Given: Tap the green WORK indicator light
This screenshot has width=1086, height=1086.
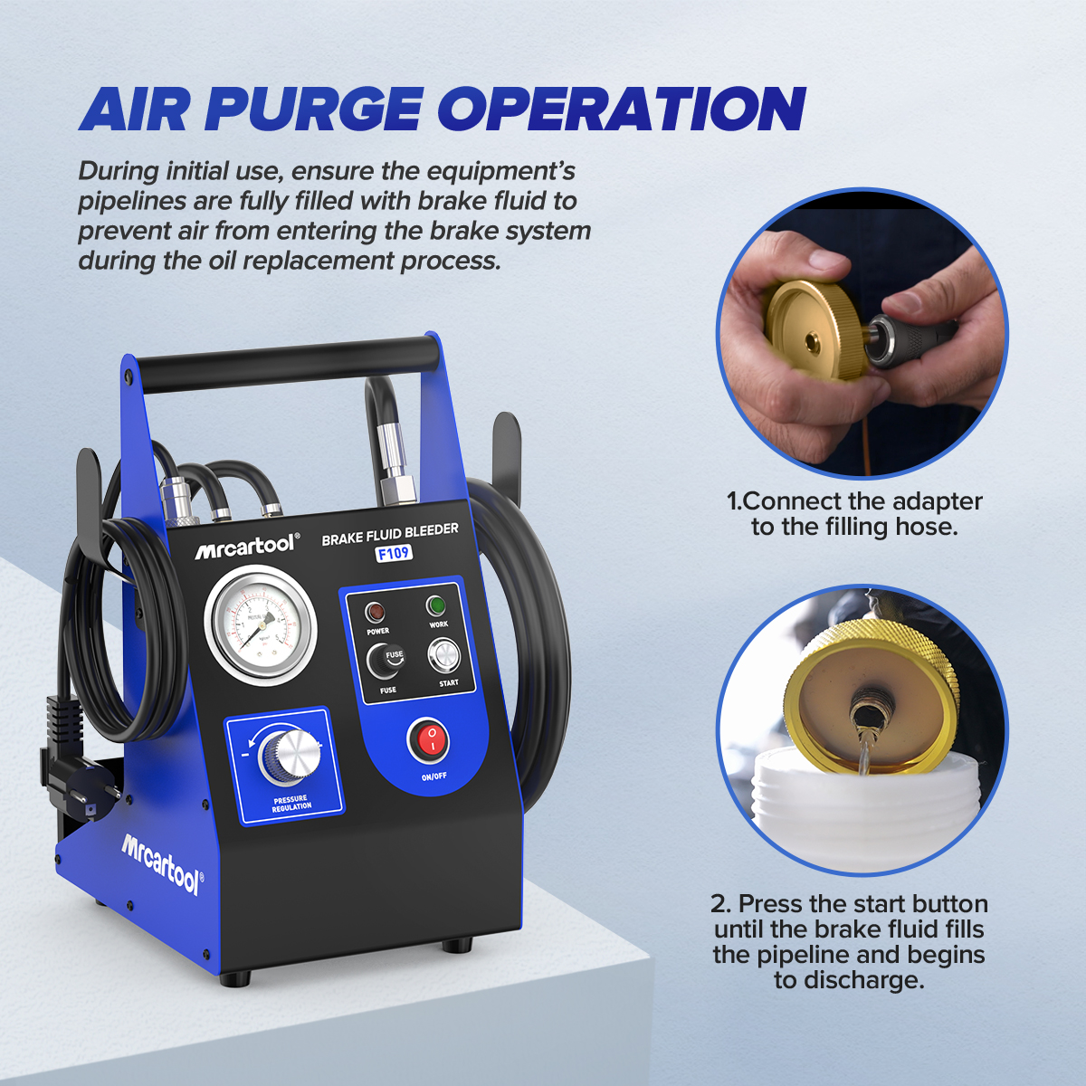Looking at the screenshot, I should click(x=437, y=605).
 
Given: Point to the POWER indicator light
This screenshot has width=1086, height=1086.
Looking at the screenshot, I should click(x=376, y=613).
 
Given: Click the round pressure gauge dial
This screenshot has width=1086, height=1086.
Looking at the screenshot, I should click(x=261, y=624).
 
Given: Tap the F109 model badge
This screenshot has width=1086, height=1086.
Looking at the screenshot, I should click(x=394, y=553).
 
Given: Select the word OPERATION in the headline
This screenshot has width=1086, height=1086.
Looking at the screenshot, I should click(x=622, y=110).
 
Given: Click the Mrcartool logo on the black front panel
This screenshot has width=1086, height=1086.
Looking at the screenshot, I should click(x=246, y=547).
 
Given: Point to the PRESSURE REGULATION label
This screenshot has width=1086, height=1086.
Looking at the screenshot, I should click(x=291, y=803).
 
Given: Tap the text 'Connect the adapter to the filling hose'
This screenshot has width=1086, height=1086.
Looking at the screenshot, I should click(x=854, y=514).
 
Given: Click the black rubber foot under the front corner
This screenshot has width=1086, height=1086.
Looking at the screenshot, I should click(x=234, y=978).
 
